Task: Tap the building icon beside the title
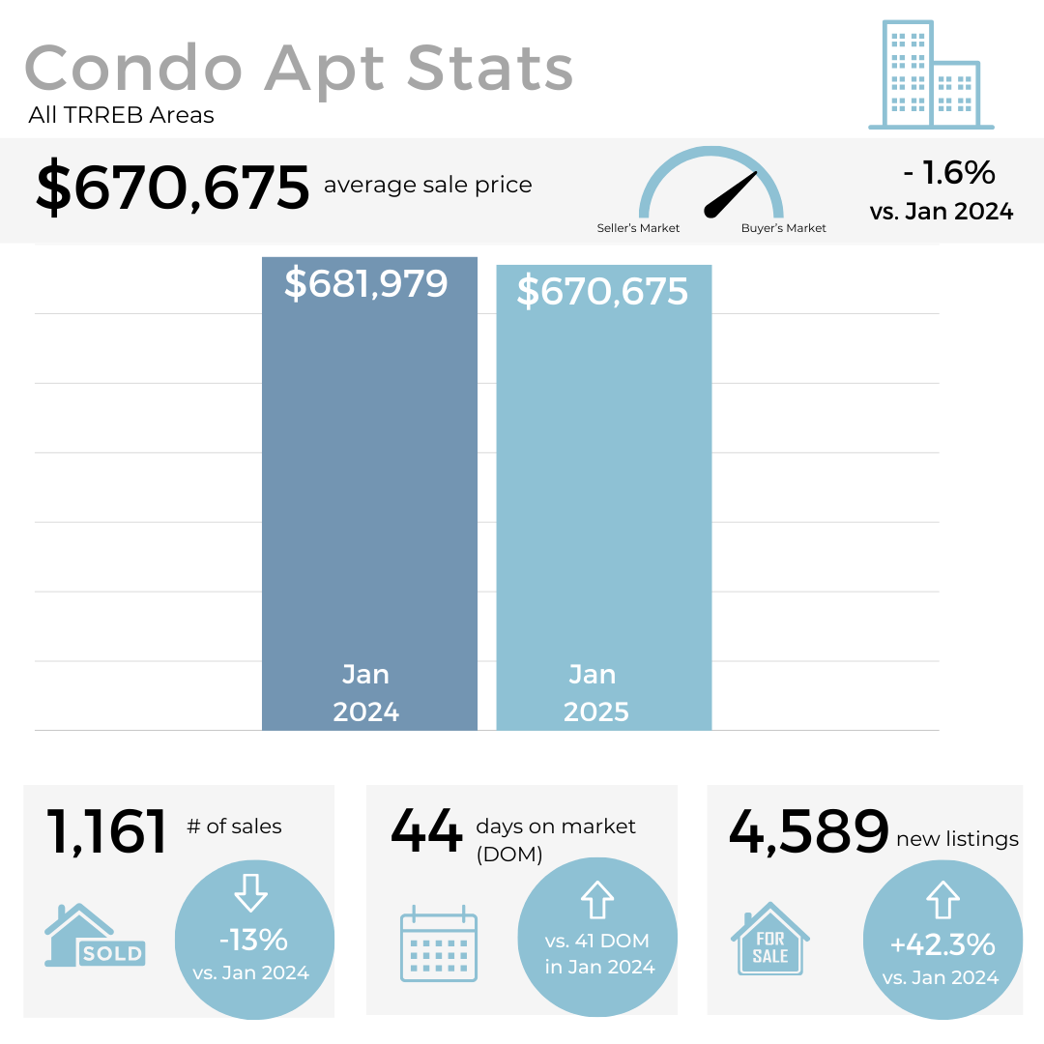(x=930, y=75)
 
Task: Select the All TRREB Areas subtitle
(x=121, y=116)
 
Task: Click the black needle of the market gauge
(x=731, y=194)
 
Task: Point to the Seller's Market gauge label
(x=638, y=229)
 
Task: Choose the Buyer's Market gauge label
(x=783, y=229)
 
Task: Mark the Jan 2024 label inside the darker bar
(x=365, y=693)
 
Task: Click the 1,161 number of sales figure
(x=106, y=831)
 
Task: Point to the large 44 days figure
(x=426, y=831)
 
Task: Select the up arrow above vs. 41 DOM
(x=597, y=900)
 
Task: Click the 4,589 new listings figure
(x=808, y=831)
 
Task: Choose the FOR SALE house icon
(x=770, y=940)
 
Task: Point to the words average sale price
(x=427, y=185)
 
